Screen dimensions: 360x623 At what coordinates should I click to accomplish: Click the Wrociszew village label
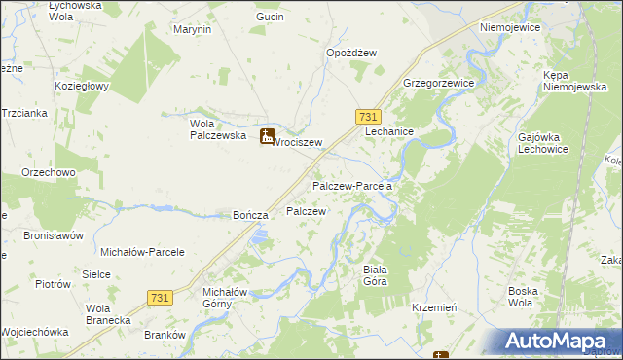click(x=297, y=142)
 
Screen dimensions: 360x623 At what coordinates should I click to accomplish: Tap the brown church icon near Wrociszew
click(x=268, y=138)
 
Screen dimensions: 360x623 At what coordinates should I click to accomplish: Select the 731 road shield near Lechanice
click(x=366, y=115)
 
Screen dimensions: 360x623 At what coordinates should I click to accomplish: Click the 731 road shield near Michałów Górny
click(x=162, y=296)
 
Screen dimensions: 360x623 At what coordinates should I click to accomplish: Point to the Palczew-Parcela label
click(x=351, y=185)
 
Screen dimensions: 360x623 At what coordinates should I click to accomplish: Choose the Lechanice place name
click(x=390, y=131)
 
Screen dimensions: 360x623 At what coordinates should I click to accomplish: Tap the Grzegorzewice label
click(x=438, y=84)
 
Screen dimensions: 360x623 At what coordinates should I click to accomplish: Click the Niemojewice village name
click(x=509, y=28)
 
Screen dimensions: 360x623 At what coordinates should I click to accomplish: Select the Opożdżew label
click(x=351, y=53)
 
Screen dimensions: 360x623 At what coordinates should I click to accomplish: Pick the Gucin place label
click(x=270, y=18)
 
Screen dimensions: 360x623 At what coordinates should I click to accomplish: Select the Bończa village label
click(x=249, y=215)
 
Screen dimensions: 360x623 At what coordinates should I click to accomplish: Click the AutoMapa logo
click(x=559, y=341)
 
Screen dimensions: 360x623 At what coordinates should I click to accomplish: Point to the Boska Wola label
click(x=531, y=297)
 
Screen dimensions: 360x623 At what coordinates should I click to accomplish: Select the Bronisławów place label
click(x=54, y=235)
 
